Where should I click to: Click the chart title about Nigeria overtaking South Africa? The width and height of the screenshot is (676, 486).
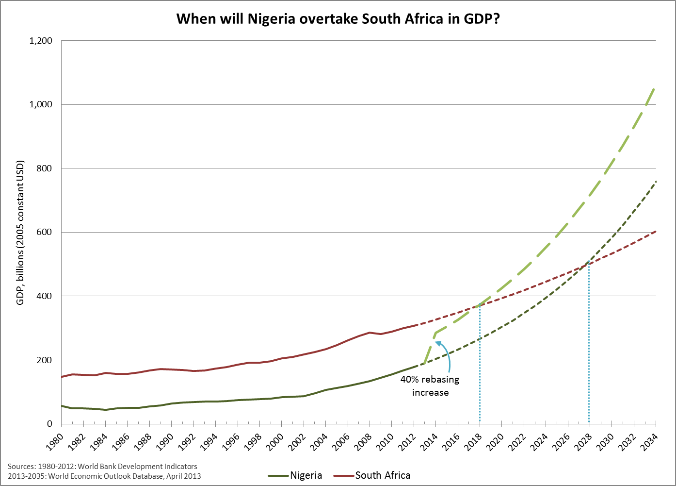pyautogui.click(x=338, y=19)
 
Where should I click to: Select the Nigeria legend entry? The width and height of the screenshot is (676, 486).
pyautogui.click(x=306, y=475)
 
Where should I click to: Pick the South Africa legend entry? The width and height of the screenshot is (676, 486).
pyautogui.click(x=382, y=475)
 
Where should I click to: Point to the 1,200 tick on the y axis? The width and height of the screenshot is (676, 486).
pyautogui.click(x=41, y=41)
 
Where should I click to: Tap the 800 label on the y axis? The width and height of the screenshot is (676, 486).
pyautogui.click(x=45, y=168)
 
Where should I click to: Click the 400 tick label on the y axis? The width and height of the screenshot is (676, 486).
pyautogui.click(x=45, y=296)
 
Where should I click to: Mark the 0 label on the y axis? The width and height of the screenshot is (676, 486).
pyautogui.click(x=49, y=424)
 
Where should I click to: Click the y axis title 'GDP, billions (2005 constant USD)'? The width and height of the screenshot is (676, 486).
pyautogui.click(x=20, y=233)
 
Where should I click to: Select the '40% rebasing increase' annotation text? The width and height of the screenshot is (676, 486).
pyautogui.click(x=430, y=386)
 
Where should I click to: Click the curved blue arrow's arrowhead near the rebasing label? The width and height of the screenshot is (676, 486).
pyautogui.click(x=438, y=343)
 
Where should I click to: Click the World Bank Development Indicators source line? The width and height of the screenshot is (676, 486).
pyautogui.click(x=102, y=467)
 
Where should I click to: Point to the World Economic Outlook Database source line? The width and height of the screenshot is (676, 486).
pyautogui.click(x=104, y=476)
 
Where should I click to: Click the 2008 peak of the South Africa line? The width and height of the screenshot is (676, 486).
pyautogui.click(x=370, y=333)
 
